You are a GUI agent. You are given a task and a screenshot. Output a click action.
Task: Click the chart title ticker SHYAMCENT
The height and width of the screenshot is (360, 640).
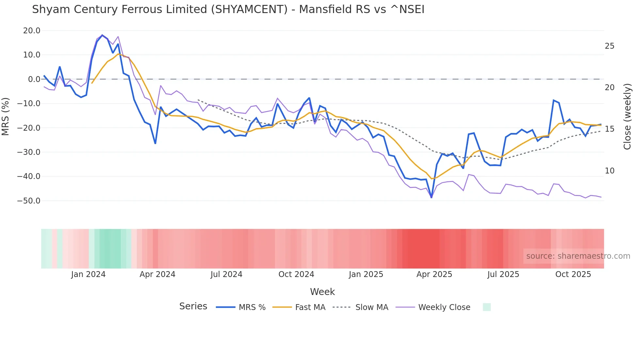(x=249, y=9)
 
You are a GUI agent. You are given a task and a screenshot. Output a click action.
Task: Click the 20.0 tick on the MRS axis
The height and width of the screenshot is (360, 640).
(x=32, y=31)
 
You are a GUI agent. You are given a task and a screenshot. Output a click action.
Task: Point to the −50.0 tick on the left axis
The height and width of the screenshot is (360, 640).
(x=29, y=201)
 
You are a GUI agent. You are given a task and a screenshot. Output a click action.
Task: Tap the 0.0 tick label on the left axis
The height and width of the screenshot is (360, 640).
(x=34, y=79)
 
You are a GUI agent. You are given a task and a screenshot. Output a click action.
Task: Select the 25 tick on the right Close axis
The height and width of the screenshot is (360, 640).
(x=609, y=46)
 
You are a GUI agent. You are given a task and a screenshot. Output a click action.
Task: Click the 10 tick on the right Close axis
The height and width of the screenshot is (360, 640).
(x=609, y=171)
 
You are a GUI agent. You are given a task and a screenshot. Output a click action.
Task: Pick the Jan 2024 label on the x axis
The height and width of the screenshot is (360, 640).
(x=88, y=274)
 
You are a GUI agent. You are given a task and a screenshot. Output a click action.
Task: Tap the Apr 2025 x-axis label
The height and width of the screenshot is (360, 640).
(x=434, y=274)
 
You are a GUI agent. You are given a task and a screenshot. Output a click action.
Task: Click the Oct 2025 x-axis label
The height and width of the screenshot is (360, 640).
(x=573, y=274)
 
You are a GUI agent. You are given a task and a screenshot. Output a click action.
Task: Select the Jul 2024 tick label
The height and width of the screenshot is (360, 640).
(x=226, y=274)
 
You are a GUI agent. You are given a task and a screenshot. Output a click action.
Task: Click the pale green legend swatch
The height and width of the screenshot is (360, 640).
(x=487, y=307)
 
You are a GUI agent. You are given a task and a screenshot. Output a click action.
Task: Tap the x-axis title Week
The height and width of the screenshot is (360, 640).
(x=322, y=292)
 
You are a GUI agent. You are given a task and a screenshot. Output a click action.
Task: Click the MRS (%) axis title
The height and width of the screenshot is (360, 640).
(x=6, y=116)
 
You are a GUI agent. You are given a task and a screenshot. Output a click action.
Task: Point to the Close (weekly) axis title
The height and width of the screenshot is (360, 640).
(x=627, y=116)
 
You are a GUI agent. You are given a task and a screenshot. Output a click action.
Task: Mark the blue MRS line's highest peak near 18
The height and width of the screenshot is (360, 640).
(x=102, y=35)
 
